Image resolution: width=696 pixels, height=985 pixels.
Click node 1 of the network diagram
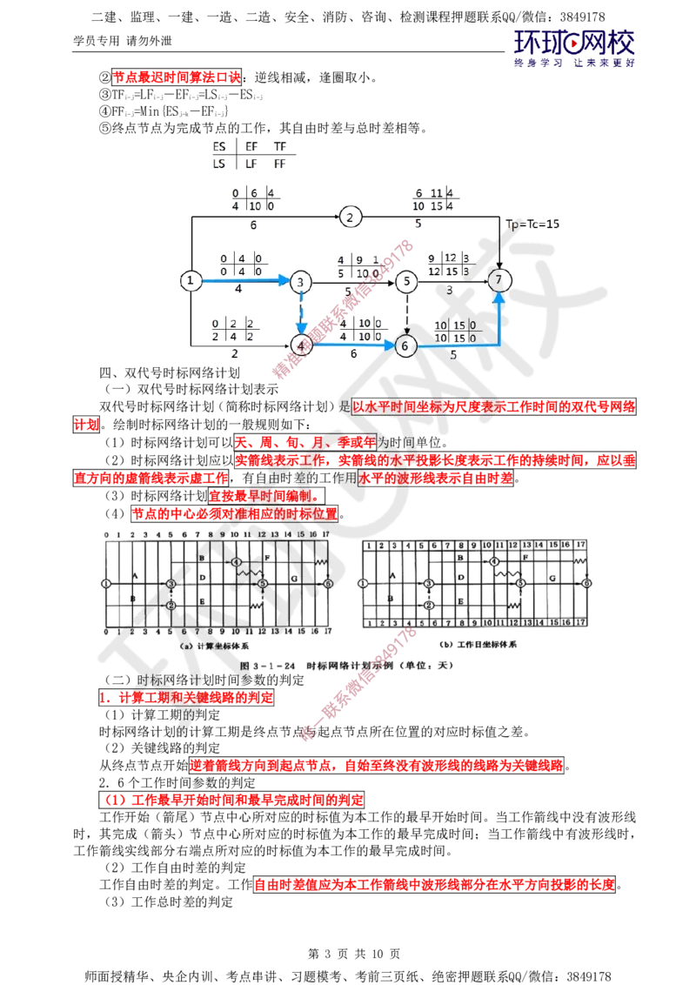[191, 280]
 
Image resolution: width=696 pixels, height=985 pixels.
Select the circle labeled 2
[350, 218]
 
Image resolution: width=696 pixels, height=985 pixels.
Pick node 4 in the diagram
[302, 345]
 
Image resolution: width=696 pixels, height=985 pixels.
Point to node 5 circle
[405, 281]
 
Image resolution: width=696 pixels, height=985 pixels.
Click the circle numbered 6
[405, 345]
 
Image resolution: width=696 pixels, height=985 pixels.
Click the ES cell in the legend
[219, 147]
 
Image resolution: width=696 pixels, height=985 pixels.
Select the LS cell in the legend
[219, 163]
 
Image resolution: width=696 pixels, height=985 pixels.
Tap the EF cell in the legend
[251, 147]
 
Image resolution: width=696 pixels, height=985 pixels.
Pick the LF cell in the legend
[251, 163]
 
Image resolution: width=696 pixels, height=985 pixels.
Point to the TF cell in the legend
[280, 147]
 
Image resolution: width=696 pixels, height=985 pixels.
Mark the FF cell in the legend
[280, 163]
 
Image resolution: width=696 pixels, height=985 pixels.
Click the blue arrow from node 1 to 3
[245, 280]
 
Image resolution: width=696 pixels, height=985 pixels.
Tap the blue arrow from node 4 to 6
[353, 345]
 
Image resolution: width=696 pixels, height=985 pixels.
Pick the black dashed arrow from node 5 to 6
[406, 313]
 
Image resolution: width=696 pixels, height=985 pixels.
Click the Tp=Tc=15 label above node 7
[533, 224]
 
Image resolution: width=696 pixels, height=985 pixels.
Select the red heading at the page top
[177, 77]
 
